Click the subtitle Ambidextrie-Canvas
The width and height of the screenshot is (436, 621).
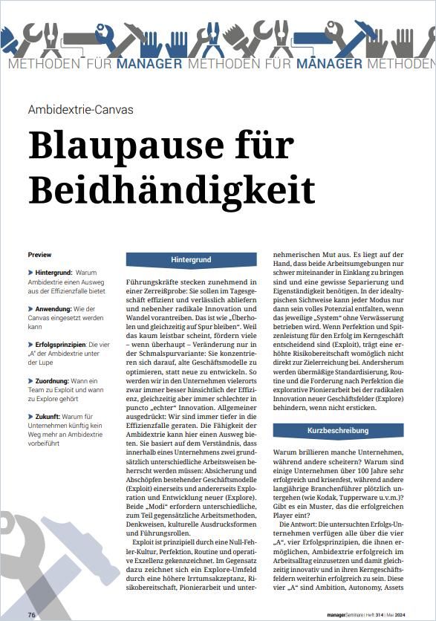click(x=80, y=110)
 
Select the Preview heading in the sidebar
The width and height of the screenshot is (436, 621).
click(x=40, y=254)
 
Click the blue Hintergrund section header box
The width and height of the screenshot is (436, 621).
click(x=191, y=260)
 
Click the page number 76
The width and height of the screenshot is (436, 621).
click(x=32, y=615)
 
